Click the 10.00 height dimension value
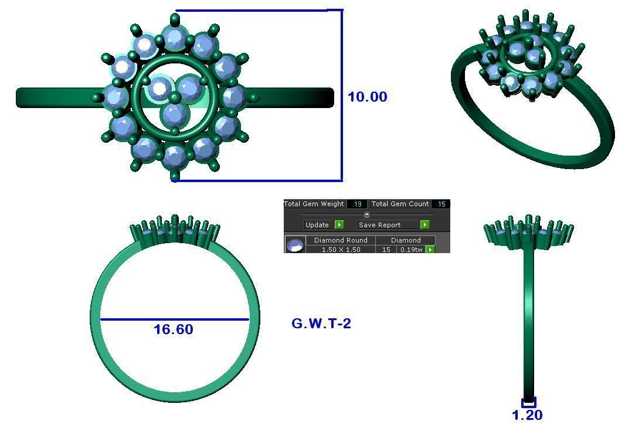tap(367, 97)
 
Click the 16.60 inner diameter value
tap(173, 329)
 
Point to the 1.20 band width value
tap(527, 415)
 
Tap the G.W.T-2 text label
tap(321, 324)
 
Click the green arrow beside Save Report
tap(424, 225)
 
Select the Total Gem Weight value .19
tap(356, 204)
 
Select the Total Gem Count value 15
tap(441, 204)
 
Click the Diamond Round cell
tap(341, 240)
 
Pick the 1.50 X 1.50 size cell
tap(341, 250)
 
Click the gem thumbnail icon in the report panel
tap(295, 245)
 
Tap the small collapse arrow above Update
tap(366, 214)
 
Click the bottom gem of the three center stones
tap(175, 115)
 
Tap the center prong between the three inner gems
tap(175, 97)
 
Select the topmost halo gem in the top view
tap(174, 38)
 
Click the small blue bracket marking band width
tap(528, 403)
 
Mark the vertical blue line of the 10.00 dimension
tap(342, 94)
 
